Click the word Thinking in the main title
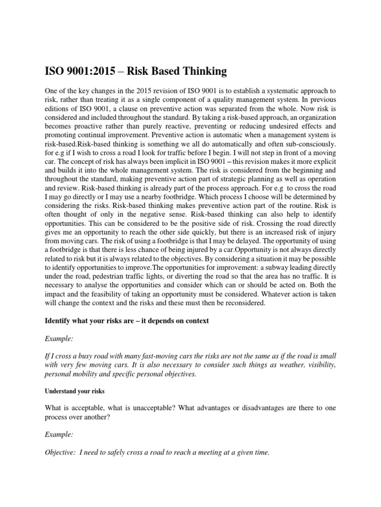(203, 71)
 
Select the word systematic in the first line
(267, 92)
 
